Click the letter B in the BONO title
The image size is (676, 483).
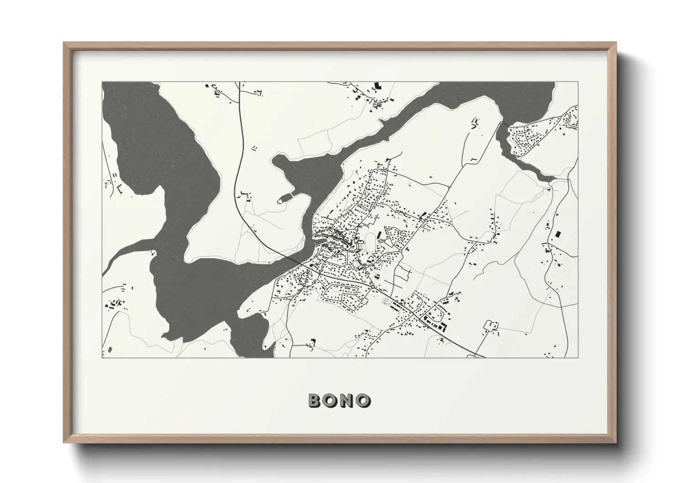click(x=317, y=400)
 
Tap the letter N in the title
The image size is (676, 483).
click(x=348, y=400)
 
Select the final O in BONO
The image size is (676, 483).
click(x=363, y=400)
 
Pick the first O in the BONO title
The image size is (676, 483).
click(x=332, y=400)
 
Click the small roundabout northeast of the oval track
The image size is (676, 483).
click(x=401, y=250)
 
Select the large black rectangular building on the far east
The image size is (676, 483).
click(x=557, y=234)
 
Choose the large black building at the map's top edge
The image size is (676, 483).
click(x=377, y=85)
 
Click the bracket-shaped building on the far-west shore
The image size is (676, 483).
click(x=119, y=188)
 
